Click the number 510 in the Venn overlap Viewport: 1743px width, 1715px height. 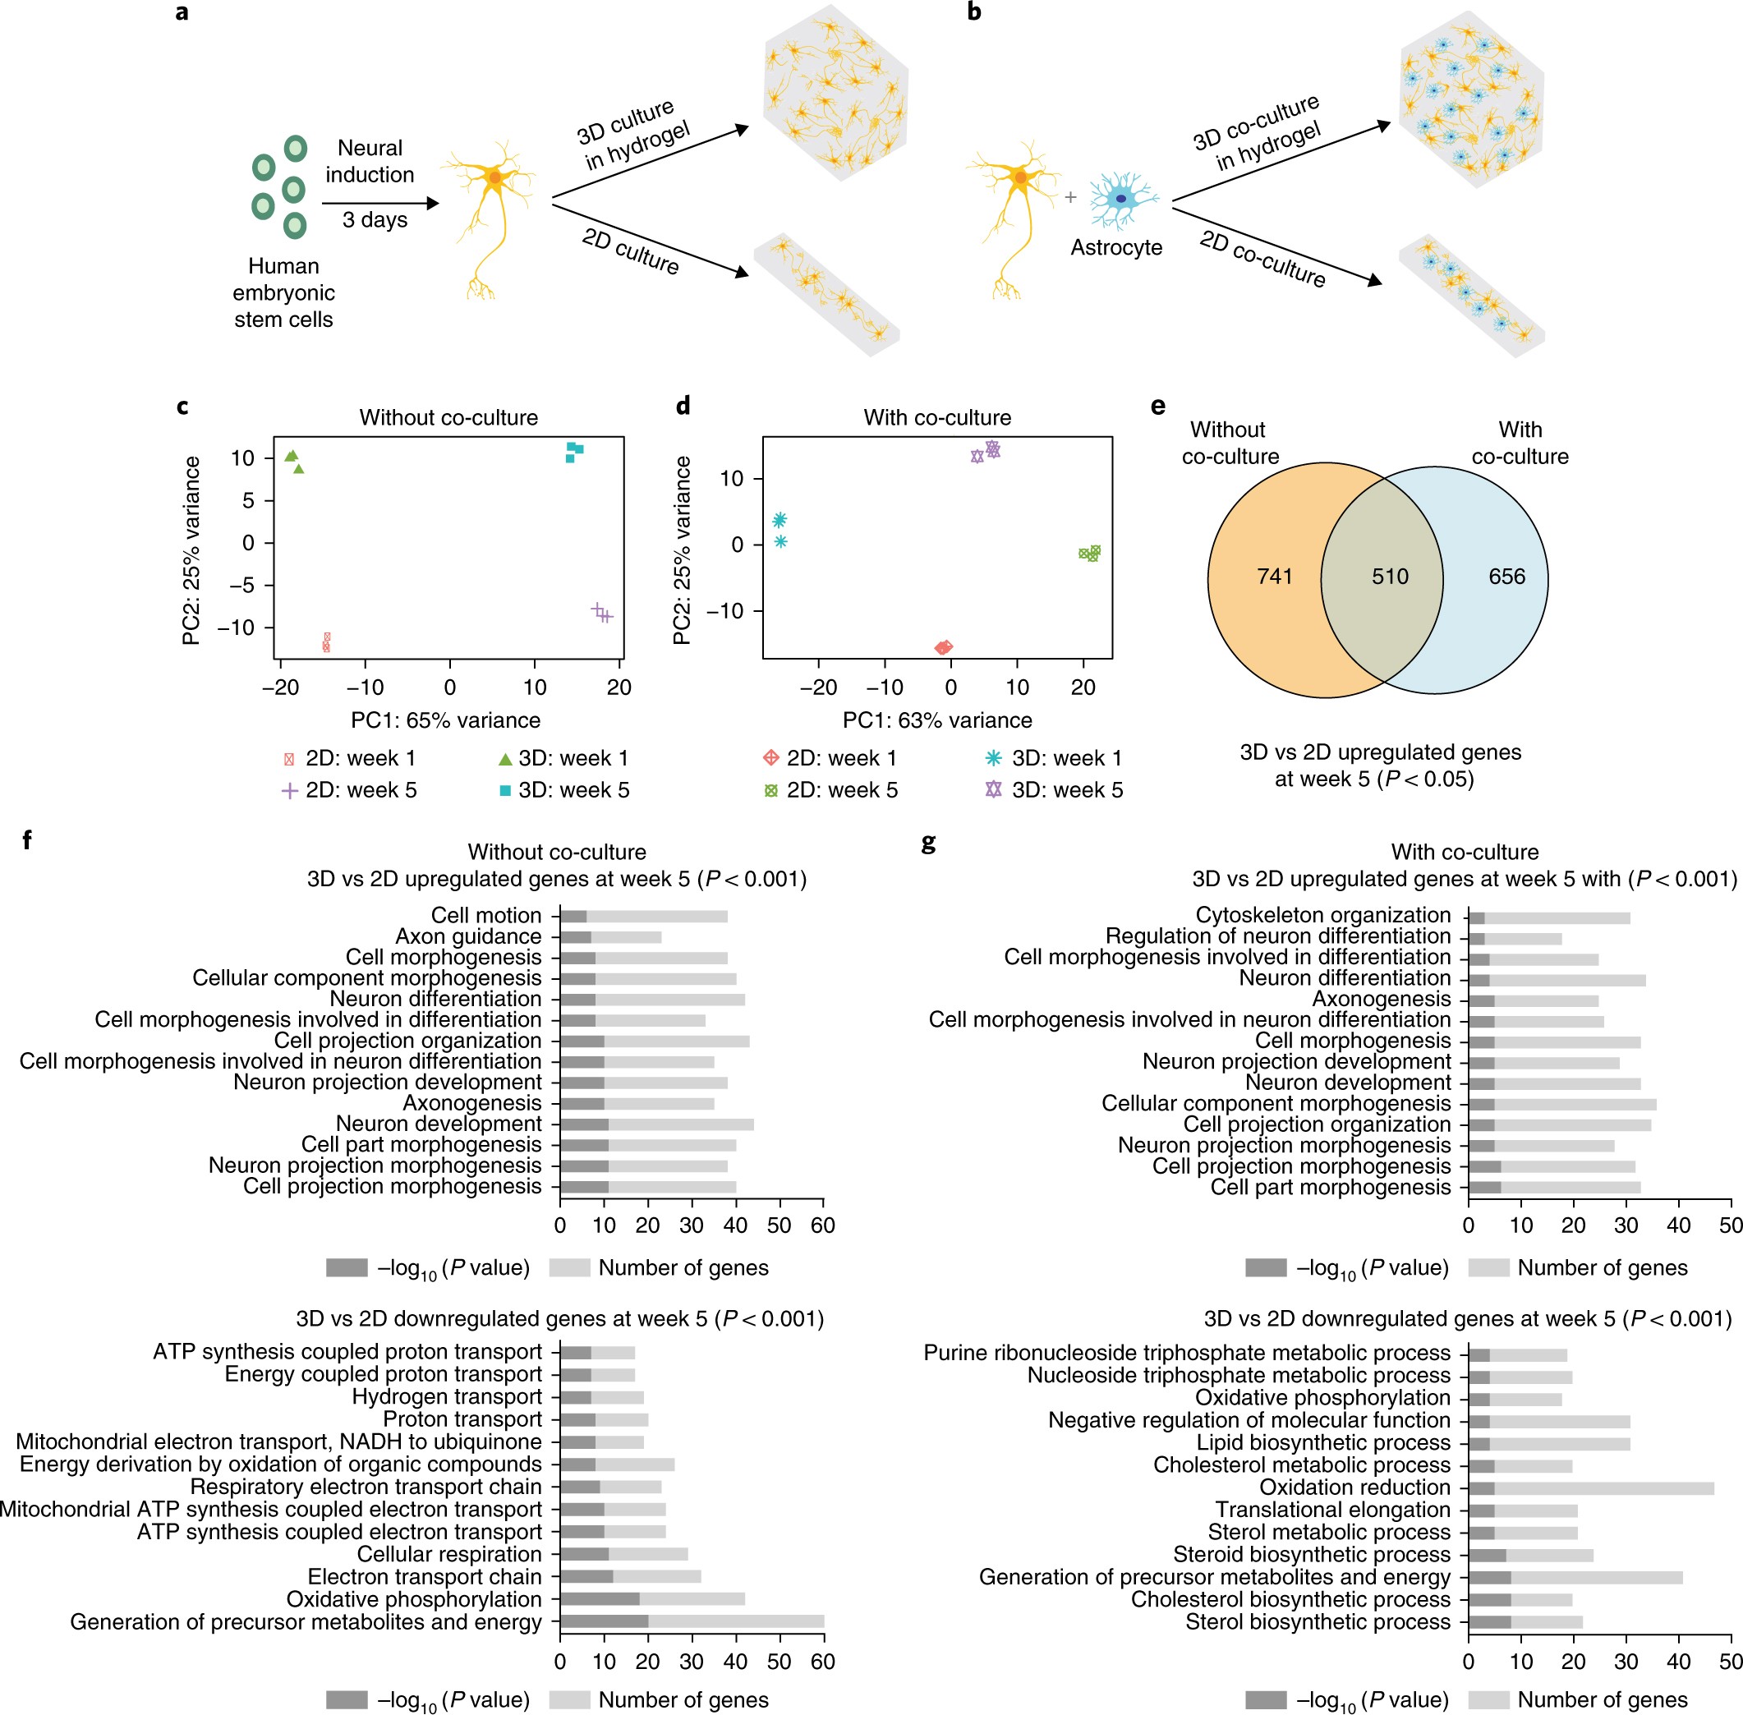tap(1389, 577)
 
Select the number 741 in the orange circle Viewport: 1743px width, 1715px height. tap(1275, 577)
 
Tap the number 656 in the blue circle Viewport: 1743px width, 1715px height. tap(1506, 577)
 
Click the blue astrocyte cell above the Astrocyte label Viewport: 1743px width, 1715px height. tap(1121, 199)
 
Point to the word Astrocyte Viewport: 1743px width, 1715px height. tap(1116, 248)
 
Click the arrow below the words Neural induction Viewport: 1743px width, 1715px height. tap(379, 204)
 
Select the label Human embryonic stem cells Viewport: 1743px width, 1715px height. tap(283, 292)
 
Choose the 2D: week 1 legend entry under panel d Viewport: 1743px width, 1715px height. tap(830, 758)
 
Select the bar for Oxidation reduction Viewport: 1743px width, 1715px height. tap(1591, 1488)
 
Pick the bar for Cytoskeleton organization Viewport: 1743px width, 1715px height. tap(1549, 917)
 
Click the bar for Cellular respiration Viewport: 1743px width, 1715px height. tap(623, 1554)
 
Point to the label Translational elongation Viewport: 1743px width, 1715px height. tap(1332, 1510)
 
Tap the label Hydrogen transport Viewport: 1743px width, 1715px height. tap(447, 1397)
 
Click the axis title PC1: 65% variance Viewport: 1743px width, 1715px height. tap(445, 720)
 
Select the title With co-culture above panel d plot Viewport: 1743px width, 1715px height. tap(937, 418)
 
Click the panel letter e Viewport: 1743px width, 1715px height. tap(1157, 407)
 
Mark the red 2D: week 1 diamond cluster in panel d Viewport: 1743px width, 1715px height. tap(943, 647)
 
